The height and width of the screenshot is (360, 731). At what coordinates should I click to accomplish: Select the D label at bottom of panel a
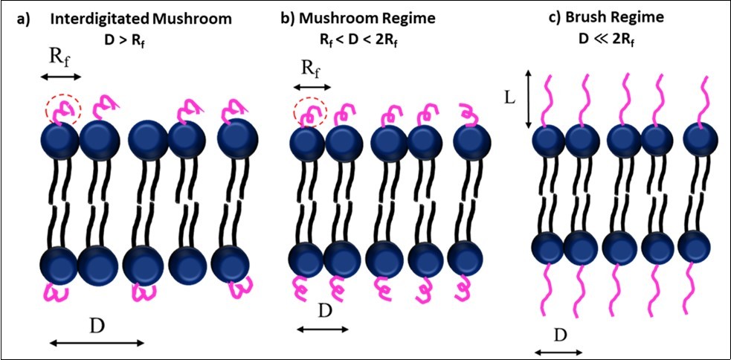pos(97,327)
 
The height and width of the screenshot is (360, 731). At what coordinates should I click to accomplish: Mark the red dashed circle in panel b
pos(311,113)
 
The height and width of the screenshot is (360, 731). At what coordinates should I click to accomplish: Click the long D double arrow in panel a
pos(97,343)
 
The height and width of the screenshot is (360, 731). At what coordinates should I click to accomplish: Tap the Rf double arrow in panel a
pos(60,77)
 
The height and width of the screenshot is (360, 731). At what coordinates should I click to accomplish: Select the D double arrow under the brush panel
pos(558,350)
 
